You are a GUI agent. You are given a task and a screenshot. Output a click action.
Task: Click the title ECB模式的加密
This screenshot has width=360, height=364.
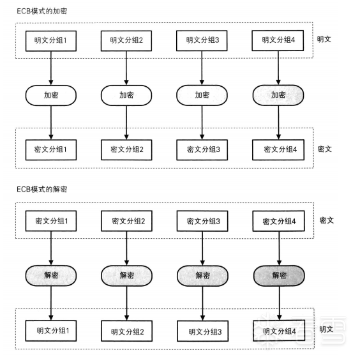(x=41, y=11)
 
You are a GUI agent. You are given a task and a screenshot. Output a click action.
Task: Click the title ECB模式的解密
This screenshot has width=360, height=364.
(x=41, y=189)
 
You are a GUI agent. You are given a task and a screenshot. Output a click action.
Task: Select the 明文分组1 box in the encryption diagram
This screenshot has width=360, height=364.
(x=51, y=41)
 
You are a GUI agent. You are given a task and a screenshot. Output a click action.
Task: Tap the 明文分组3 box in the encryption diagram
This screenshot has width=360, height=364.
(x=202, y=41)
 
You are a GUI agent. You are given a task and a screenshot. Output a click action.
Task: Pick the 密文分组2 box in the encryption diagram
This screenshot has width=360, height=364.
(x=126, y=149)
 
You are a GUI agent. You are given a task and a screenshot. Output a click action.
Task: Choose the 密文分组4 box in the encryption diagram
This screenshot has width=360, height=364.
(x=278, y=149)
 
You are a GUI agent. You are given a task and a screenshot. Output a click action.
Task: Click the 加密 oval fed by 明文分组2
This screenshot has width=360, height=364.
(x=126, y=95)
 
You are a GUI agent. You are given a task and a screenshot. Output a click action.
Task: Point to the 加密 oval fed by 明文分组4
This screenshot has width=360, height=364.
(x=278, y=95)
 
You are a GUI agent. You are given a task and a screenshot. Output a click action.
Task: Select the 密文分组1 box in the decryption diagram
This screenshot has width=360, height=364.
(x=51, y=221)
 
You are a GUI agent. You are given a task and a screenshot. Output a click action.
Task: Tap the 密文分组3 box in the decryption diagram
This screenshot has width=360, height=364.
(x=202, y=221)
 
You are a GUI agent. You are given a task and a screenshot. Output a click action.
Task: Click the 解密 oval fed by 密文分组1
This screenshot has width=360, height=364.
(x=51, y=275)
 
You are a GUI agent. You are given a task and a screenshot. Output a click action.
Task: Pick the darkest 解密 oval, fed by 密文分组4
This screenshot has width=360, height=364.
(x=279, y=276)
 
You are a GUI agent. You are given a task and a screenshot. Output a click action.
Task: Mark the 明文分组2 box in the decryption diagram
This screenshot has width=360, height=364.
(x=127, y=331)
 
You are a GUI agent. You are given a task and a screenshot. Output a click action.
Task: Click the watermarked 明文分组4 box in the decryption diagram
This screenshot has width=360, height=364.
(x=279, y=331)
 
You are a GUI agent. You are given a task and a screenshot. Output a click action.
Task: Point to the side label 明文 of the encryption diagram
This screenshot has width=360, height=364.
(x=324, y=39)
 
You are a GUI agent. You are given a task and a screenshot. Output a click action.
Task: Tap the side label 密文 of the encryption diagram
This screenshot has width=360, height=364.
(x=325, y=149)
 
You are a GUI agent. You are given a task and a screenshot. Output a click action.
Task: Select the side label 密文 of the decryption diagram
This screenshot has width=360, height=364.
(x=327, y=220)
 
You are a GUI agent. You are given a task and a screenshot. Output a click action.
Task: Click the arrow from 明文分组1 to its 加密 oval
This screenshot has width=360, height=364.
(x=51, y=68)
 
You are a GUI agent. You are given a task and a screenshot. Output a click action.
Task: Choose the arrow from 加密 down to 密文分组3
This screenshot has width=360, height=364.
(x=202, y=123)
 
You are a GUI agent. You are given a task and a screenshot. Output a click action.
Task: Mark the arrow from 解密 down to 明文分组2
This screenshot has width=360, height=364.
(x=127, y=303)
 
